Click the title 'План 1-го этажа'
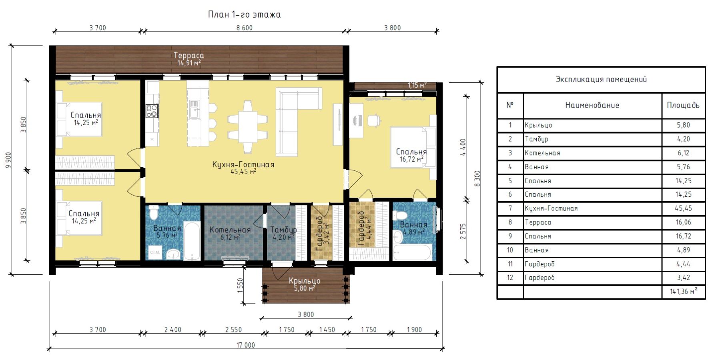tap(244, 15)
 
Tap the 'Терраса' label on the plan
tap(189, 56)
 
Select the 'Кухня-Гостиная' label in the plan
tap(243, 164)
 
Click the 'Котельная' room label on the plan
tap(230, 230)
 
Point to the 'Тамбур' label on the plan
tap(283, 230)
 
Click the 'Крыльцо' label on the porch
tap(305, 281)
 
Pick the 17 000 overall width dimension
tap(245, 345)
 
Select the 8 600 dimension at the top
tap(245, 28)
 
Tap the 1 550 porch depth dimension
tap(240, 286)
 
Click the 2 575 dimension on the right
tap(463, 231)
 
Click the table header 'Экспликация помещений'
tap(601, 79)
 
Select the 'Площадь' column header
tap(683, 105)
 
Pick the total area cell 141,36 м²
tap(683, 292)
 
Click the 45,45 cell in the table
tap(683, 208)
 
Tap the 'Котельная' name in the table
tap(542, 153)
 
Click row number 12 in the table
tap(510, 278)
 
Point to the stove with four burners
tap(152, 111)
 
